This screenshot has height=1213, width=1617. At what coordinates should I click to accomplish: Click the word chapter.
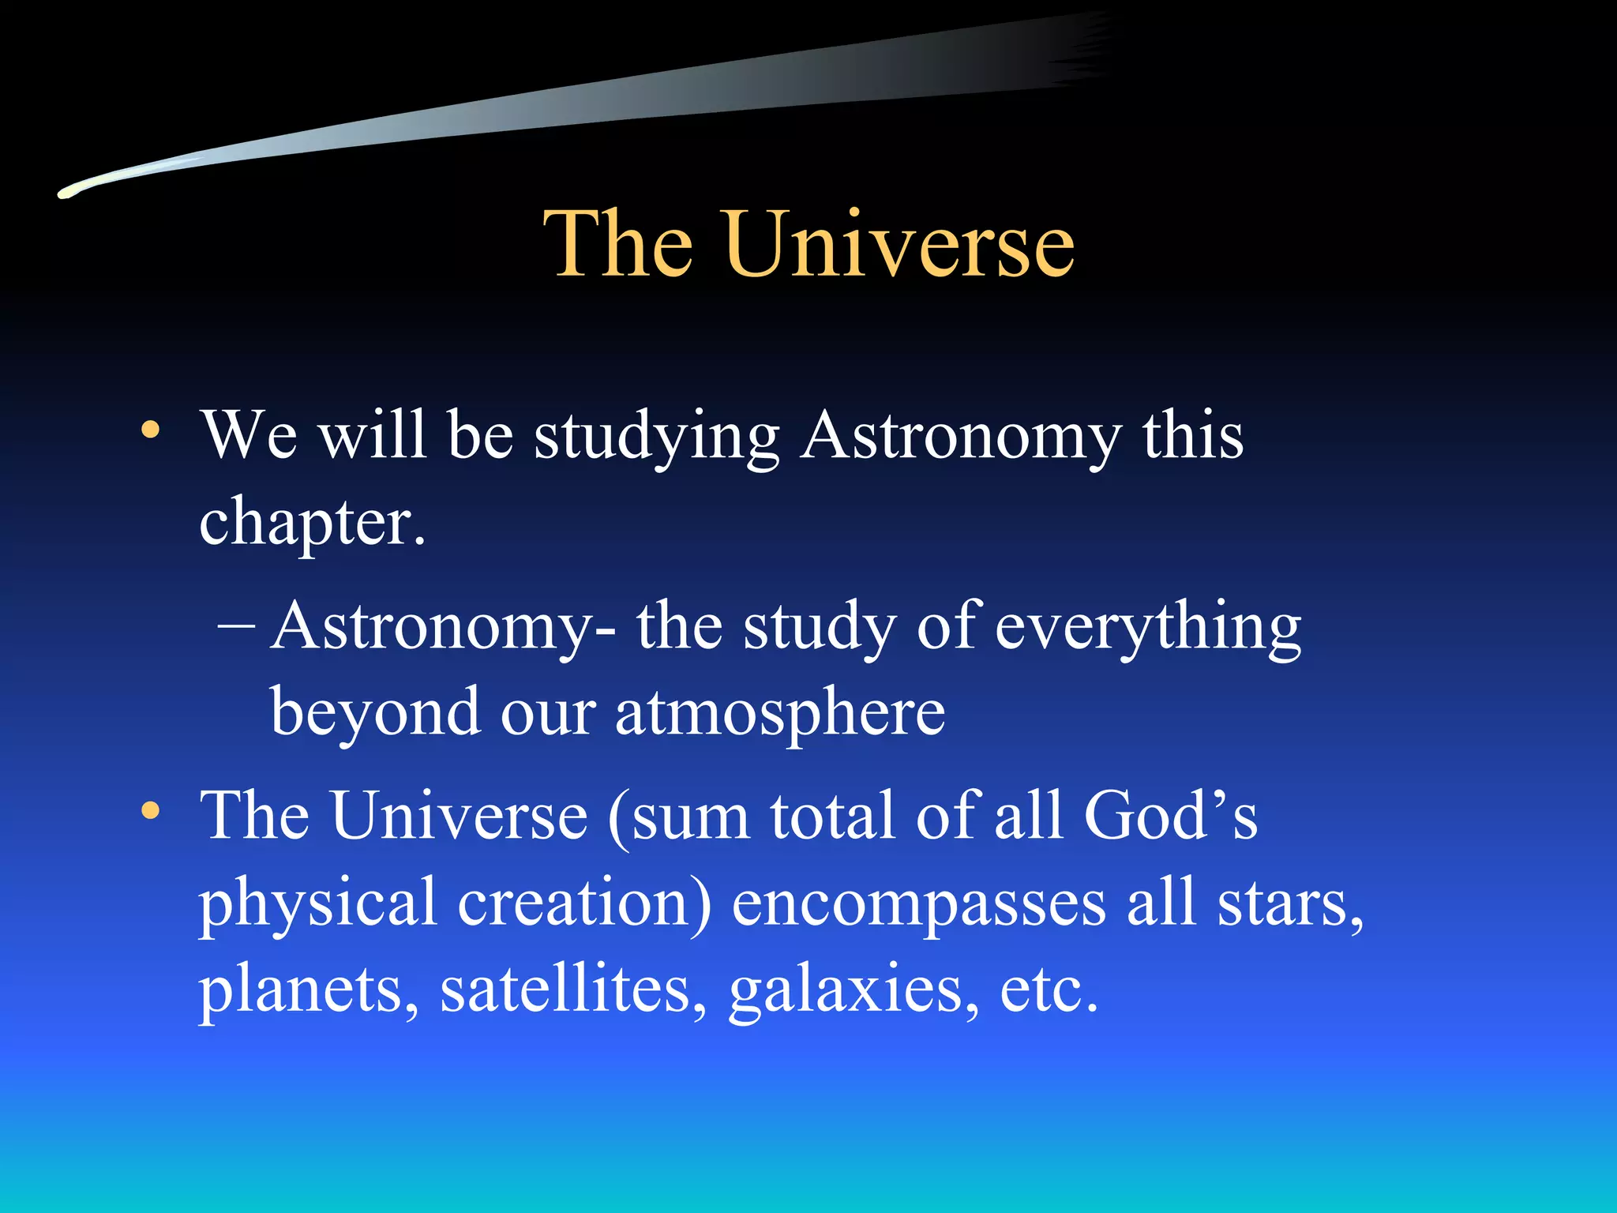click(x=312, y=524)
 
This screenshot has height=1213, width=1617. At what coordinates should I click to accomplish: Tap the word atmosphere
click(x=779, y=712)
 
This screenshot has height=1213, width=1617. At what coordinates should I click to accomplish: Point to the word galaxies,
click(x=854, y=993)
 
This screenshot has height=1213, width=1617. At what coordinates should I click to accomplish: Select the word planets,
click(x=309, y=993)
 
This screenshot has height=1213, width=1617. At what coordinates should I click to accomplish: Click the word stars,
click(x=1290, y=904)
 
